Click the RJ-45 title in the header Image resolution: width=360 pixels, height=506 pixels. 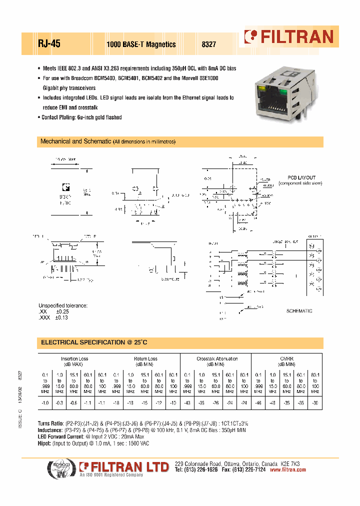click(49, 44)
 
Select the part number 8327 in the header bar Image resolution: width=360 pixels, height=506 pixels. click(208, 44)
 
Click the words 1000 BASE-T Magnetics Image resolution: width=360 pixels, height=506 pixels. click(141, 44)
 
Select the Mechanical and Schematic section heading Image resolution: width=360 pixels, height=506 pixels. click(75, 141)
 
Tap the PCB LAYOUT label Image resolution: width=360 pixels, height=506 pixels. click(301, 178)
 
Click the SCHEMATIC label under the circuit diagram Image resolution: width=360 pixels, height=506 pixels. click(299, 311)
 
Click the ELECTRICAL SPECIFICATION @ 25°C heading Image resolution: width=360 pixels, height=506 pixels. click(94, 342)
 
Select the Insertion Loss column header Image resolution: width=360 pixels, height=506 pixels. click(74, 358)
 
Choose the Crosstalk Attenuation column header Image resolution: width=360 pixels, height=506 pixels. click(217, 358)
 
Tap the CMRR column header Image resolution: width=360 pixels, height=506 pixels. click(286, 358)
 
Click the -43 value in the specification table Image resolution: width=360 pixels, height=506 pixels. click(187, 402)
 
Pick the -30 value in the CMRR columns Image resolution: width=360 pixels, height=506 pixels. click(315, 402)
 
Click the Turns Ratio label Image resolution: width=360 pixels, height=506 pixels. click(50, 423)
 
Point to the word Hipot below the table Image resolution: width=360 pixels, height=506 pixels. click(44, 443)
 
